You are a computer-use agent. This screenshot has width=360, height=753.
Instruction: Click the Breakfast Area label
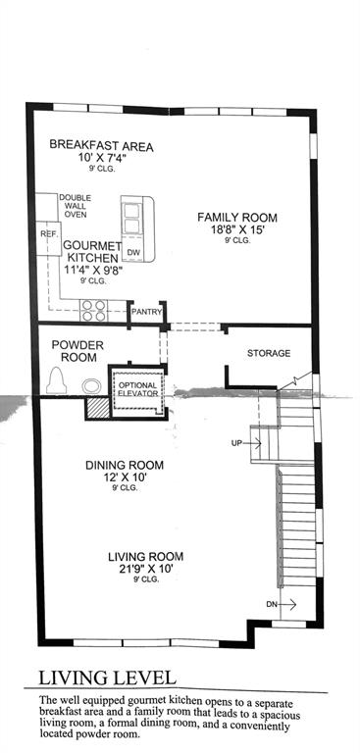coord(101,145)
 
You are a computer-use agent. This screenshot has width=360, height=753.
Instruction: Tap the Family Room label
coord(237,218)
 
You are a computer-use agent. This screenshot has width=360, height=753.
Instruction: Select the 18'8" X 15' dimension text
coord(237,230)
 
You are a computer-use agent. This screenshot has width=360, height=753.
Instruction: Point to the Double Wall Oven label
coord(75,206)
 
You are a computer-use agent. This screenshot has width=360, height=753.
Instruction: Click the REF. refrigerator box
coord(48,238)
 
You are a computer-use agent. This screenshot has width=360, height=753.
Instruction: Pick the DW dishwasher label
coord(131,251)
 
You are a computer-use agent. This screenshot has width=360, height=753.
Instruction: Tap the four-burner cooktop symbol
coord(94,310)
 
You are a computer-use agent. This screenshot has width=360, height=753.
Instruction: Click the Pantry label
coord(146,312)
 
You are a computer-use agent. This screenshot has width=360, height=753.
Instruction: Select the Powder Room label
coord(77,351)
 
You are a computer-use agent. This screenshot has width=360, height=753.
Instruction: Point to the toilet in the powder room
coord(57,380)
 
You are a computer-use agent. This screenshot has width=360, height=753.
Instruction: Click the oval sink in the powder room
coord(91,385)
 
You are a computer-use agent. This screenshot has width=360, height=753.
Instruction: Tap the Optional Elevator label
coord(138,389)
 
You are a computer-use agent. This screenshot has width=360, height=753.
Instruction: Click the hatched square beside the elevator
coord(96,409)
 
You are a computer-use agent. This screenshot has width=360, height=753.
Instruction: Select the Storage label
coord(269,353)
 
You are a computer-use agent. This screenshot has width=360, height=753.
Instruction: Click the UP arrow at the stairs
coord(255,443)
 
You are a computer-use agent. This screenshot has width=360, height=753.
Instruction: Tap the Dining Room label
coord(125,465)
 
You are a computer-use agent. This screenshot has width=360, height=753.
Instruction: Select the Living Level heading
coord(107,678)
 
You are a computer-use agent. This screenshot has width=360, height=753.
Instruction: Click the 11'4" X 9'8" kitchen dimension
coord(93,271)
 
